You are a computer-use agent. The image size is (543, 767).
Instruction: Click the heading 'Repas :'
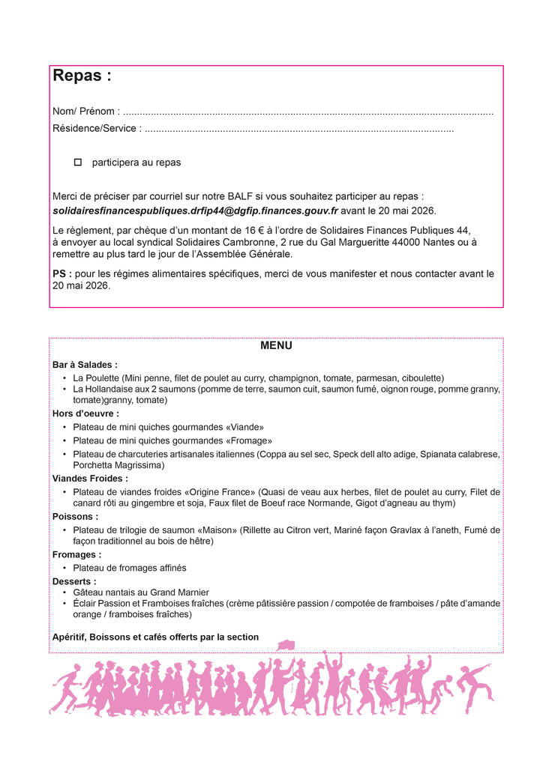[82, 76]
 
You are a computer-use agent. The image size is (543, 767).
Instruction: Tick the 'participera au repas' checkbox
[77, 163]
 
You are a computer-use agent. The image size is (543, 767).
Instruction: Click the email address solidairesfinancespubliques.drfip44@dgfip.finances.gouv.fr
[195, 211]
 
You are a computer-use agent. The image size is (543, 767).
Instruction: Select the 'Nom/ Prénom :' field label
[86, 112]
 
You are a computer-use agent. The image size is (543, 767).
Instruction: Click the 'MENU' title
[276, 346]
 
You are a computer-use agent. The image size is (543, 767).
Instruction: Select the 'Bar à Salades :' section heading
[85, 365]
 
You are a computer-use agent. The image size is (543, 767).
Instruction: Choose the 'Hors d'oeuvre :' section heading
[85, 413]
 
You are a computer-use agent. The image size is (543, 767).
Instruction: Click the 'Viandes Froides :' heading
[90, 479]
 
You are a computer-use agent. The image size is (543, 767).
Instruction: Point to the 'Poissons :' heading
[75, 517]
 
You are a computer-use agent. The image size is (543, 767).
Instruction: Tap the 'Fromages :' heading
[76, 555]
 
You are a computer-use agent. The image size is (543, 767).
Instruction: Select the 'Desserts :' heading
[74, 581]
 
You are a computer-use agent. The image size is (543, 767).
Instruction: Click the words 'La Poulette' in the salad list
[97, 378]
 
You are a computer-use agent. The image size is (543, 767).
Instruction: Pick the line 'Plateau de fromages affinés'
[130, 569]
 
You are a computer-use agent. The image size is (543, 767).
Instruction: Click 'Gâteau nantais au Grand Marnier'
[141, 592]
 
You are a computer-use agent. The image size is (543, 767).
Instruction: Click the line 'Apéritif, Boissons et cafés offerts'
[155, 637]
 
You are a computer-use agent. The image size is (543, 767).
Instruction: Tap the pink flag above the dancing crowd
[286, 646]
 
